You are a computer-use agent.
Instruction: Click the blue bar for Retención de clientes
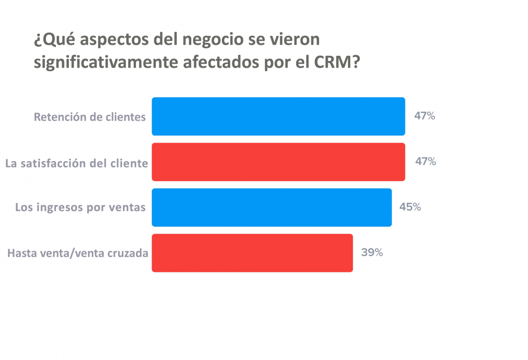pos(278,117)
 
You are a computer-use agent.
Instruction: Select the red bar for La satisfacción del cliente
pos(278,162)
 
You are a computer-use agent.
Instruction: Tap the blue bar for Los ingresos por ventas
pos(271,207)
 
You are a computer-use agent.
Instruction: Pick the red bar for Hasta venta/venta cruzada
pos(252,253)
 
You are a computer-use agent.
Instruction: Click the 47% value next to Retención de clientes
pos(424,116)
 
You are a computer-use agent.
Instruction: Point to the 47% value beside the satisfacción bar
pos(425,162)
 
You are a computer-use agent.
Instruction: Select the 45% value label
pos(410,207)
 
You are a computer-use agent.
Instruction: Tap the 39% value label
pos(372,253)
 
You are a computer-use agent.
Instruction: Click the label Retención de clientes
pos(90,117)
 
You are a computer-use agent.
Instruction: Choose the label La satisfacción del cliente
pos(77,163)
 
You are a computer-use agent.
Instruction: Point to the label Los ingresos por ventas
pos(81,208)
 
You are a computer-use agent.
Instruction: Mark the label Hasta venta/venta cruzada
pos(78,253)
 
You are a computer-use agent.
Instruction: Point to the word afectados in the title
pos(212,62)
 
